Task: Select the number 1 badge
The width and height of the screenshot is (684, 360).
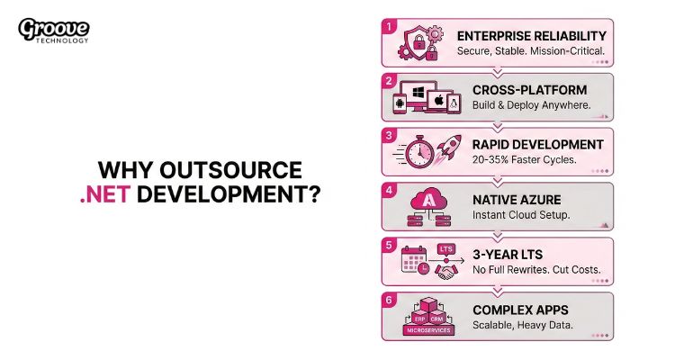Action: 389,26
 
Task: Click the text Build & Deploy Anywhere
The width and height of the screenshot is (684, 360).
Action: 531,105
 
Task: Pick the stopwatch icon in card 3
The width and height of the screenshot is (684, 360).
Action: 419,153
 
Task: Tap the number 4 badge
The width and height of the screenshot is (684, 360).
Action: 389,190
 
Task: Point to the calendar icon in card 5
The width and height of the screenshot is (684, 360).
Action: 414,261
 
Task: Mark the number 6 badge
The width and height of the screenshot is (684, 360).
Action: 389,300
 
